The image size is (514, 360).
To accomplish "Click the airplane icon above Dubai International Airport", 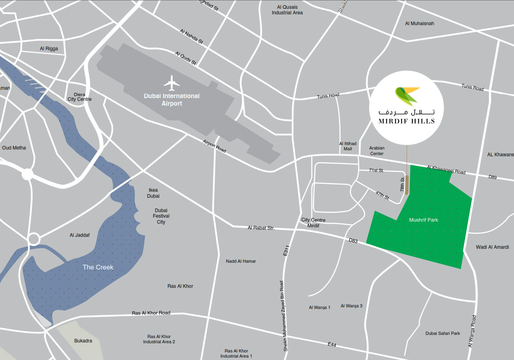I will point(172,83).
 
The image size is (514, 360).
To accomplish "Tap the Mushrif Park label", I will point(423,220).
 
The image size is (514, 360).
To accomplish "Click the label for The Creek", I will point(98,267).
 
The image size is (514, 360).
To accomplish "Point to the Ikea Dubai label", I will point(153,193).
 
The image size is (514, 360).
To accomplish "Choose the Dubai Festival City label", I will point(161,216).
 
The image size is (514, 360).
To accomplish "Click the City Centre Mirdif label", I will point(313,222).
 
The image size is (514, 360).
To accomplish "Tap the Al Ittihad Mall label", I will point(348,146).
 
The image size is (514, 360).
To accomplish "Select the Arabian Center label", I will point(376,151).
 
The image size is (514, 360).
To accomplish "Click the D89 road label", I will point(492,177).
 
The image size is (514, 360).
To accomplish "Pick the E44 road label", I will point(332,344).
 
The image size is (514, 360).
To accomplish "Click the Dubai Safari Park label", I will point(443,333).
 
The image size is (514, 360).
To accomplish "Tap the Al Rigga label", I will point(49,49).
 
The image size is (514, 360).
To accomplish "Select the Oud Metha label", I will point(14,148).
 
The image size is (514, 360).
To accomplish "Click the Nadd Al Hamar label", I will point(241,261).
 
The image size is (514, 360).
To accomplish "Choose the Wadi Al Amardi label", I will point(492,247).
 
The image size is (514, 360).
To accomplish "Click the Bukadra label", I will point(83,341).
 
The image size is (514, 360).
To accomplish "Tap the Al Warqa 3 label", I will point(351,306).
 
